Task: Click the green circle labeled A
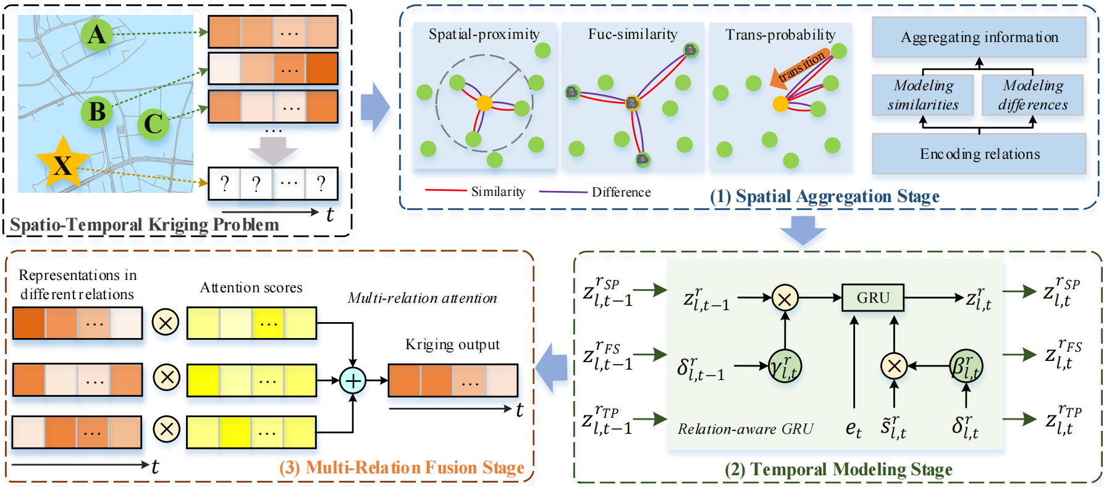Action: click(97, 34)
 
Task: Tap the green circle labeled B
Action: click(97, 112)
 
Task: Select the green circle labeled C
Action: click(153, 124)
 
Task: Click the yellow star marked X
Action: click(62, 163)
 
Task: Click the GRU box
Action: click(872, 297)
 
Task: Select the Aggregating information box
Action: click(979, 37)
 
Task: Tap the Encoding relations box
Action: click(979, 154)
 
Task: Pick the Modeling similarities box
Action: click(923, 95)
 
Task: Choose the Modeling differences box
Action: click(1033, 95)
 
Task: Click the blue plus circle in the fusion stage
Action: click(353, 380)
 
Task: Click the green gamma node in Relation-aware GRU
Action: click(785, 366)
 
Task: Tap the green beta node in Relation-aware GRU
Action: click(966, 366)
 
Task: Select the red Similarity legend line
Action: click(445, 191)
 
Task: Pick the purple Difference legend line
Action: click(563, 192)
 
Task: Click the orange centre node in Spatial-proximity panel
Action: click(484, 103)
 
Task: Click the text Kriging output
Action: click(452, 344)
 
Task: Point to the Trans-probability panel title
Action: click(780, 35)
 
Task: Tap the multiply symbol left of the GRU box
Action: click(785, 298)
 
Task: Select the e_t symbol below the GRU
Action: click(854, 428)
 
